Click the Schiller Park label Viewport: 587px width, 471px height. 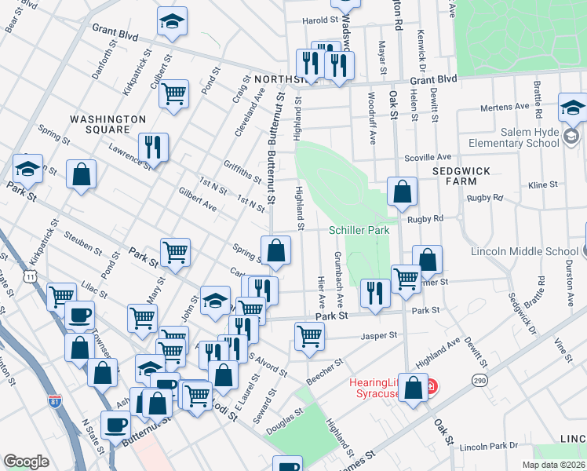(359, 231)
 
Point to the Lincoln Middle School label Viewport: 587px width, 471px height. (524, 252)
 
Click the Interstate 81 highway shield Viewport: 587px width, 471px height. (54, 400)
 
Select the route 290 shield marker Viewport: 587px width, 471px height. (479, 380)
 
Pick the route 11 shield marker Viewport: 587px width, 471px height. (30, 276)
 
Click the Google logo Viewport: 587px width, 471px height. (27, 462)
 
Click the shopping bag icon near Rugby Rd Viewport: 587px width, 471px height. (402, 191)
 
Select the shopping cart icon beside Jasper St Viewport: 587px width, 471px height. (310, 335)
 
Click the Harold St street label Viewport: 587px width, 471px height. (320, 20)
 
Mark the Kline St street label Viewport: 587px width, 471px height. (542, 184)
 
